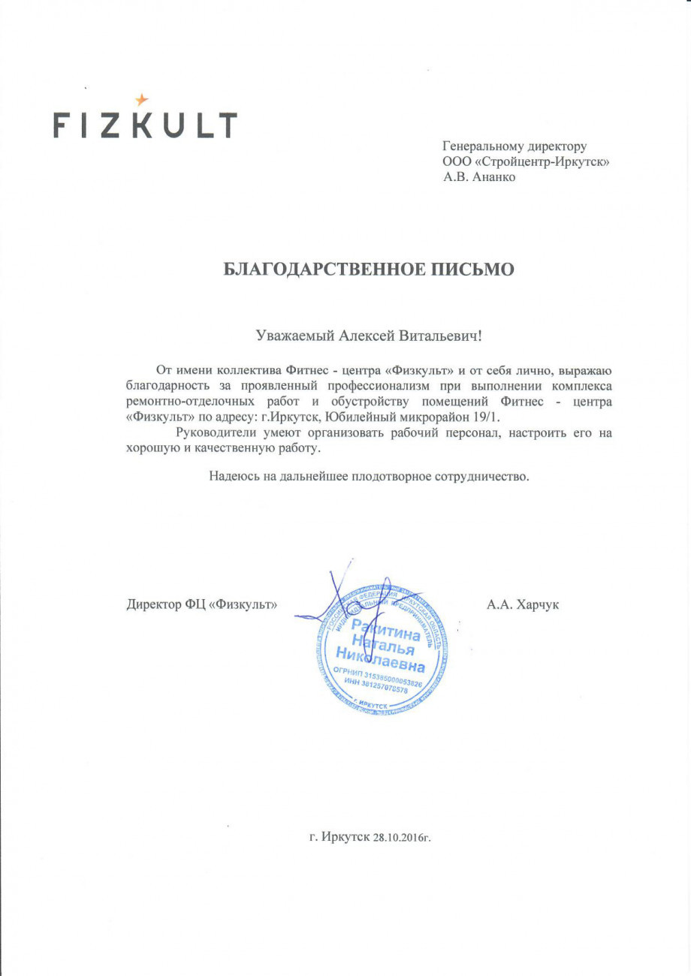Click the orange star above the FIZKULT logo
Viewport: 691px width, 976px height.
click(142, 99)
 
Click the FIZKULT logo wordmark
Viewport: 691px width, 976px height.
click(145, 125)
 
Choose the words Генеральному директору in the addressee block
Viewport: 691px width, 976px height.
click(514, 146)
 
